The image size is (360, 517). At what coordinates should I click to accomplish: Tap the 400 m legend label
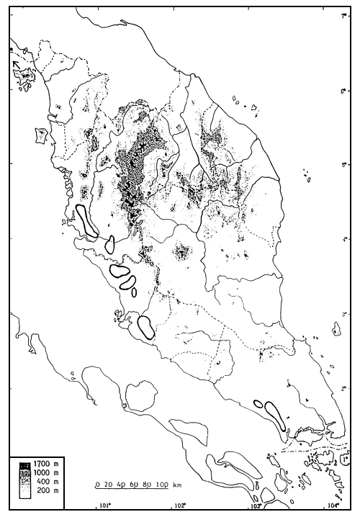(x=45, y=482)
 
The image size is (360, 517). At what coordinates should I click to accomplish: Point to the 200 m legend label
(x=45, y=490)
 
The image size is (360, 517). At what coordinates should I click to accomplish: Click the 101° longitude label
(x=107, y=505)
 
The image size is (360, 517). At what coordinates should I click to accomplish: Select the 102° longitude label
(x=181, y=505)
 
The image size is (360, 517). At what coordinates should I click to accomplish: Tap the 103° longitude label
(x=256, y=505)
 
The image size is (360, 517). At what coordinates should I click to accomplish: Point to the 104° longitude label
(x=330, y=505)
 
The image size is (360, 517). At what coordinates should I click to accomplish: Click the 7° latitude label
(x=344, y=16)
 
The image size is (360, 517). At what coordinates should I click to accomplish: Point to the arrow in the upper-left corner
(x=16, y=65)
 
